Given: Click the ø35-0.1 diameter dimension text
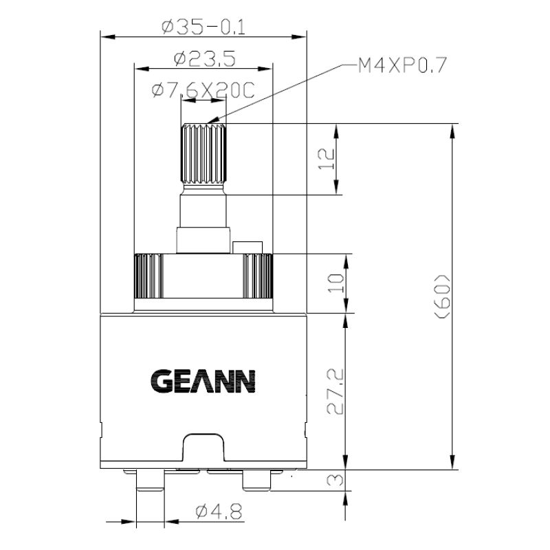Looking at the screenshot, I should [x=203, y=27].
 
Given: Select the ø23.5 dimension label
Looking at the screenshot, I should [x=204, y=59].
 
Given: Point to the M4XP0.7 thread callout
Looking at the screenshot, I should [x=402, y=66].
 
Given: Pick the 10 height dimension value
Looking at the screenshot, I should [x=335, y=283].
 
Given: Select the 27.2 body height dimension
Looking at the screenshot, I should [x=335, y=392].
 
